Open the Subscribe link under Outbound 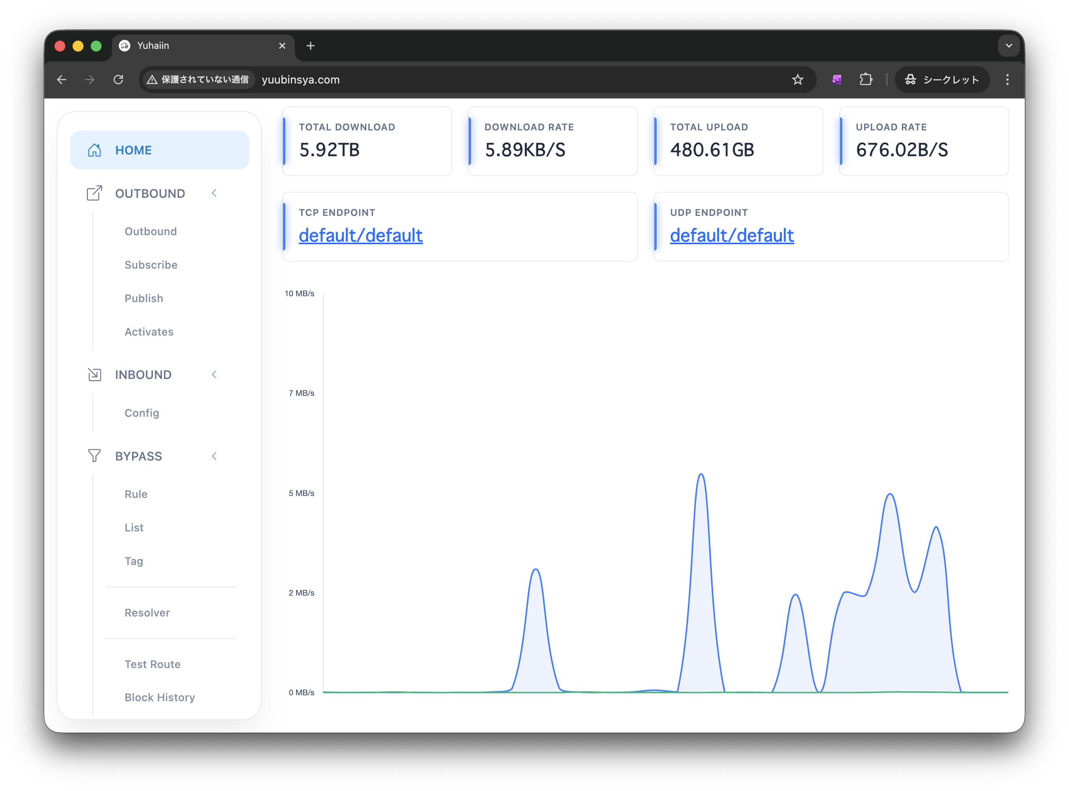pyautogui.click(x=151, y=265)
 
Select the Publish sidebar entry pyautogui.click(x=144, y=298)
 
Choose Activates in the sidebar pyautogui.click(x=149, y=332)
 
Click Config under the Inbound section pyautogui.click(x=142, y=413)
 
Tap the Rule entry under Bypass pyautogui.click(x=136, y=494)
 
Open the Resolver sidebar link pyautogui.click(x=147, y=613)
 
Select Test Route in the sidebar pyautogui.click(x=153, y=664)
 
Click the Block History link pyautogui.click(x=160, y=697)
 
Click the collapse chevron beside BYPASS pyautogui.click(x=214, y=456)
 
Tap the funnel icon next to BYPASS pyautogui.click(x=94, y=456)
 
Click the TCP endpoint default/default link pyautogui.click(x=361, y=236)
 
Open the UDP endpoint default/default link pyautogui.click(x=732, y=236)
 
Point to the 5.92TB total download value pyautogui.click(x=329, y=150)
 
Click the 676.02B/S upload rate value pyautogui.click(x=902, y=150)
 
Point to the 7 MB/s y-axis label pyautogui.click(x=302, y=393)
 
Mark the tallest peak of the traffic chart pyautogui.click(x=701, y=474)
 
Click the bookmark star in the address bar pyautogui.click(x=797, y=80)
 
